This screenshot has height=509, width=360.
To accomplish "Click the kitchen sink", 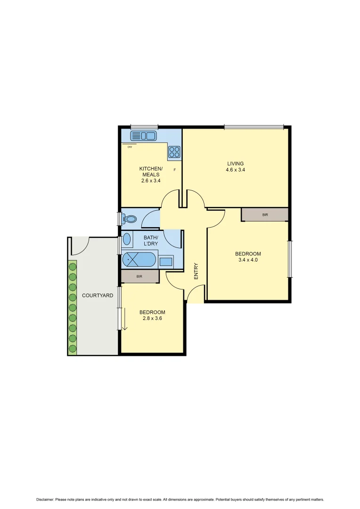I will tap(143, 136).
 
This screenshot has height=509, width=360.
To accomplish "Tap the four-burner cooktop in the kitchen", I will tap(174, 152).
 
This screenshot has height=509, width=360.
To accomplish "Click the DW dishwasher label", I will tap(130, 147).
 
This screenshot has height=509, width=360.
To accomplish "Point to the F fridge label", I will tap(175, 169).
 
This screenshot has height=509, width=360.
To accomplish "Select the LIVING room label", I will tap(235, 164).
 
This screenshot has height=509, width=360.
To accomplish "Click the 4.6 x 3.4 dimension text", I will tap(235, 170).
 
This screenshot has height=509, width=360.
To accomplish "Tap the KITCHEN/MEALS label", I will tap(151, 172).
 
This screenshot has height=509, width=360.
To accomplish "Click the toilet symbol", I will tap(129, 219).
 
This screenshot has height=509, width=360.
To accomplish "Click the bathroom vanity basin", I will tap(127, 239).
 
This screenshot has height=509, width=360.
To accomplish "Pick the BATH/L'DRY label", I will tap(151, 241).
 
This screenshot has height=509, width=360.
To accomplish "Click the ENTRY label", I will tap(196, 271).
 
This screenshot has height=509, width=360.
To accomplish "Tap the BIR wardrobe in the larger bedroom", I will tap(265, 214).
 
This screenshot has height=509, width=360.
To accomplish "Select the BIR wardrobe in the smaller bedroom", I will tap(139, 277).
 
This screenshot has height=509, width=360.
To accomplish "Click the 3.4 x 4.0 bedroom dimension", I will tap(248, 260).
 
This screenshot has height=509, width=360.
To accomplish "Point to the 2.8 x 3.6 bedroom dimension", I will tap(152, 318).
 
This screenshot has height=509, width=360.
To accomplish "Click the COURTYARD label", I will tap(98, 296).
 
